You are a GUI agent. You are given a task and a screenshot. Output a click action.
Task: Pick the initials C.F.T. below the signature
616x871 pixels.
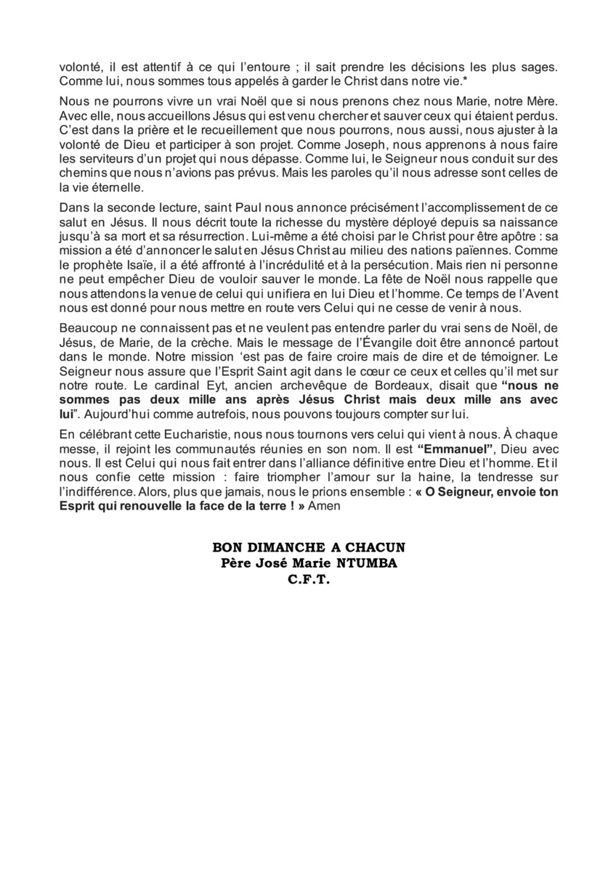pos(308,579)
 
